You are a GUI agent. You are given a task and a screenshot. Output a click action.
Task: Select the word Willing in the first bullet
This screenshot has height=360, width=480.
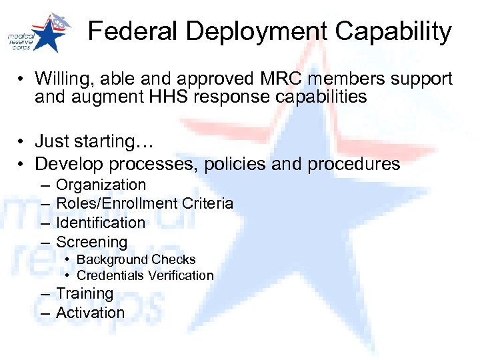point(61,79)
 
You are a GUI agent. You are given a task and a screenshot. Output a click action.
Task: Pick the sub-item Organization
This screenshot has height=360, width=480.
point(101,185)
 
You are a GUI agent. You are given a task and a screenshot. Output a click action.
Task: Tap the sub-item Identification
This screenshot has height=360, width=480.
point(101,223)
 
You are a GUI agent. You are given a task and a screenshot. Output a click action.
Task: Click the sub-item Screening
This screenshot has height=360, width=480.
point(91,242)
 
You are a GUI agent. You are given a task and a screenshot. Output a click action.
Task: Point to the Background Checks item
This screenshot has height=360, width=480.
point(136,259)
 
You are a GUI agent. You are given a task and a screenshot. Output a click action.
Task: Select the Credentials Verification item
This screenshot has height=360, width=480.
point(145,275)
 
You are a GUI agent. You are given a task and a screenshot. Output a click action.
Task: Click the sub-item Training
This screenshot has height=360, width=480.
point(85,293)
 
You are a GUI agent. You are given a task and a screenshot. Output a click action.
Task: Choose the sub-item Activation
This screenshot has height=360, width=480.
point(90,313)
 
